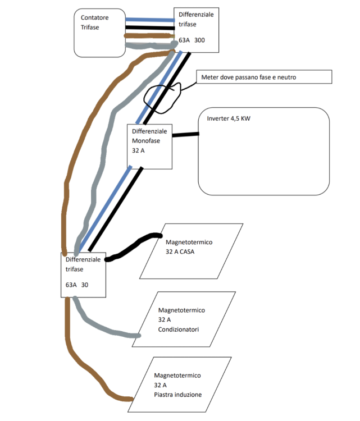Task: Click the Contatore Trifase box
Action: click(99, 32)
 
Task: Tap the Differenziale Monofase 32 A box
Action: click(149, 146)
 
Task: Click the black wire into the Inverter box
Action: click(185, 134)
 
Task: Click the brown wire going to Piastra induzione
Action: click(90, 376)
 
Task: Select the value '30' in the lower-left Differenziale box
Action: click(84, 285)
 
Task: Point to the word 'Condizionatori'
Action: click(178, 330)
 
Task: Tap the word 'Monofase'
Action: click(145, 140)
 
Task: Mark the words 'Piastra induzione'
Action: click(177, 395)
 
